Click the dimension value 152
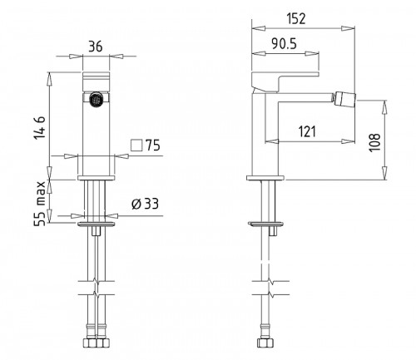click(296, 18)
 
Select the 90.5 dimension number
click(284, 43)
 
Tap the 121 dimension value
click(307, 131)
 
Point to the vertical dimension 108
click(374, 142)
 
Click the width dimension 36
click(96, 47)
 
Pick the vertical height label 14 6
click(39, 128)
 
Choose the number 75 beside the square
click(153, 145)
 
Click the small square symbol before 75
click(136, 145)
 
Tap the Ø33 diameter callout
click(145, 204)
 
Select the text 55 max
click(39, 204)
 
